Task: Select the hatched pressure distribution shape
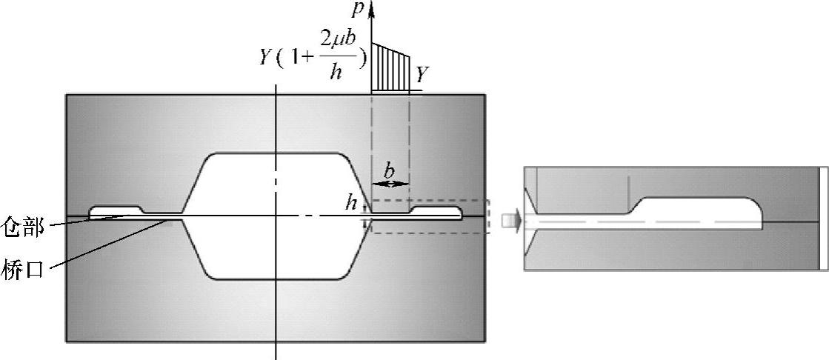point(390,67)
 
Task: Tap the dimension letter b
point(390,171)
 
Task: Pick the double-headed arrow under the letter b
point(390,184)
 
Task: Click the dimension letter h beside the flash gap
point(351,203)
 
